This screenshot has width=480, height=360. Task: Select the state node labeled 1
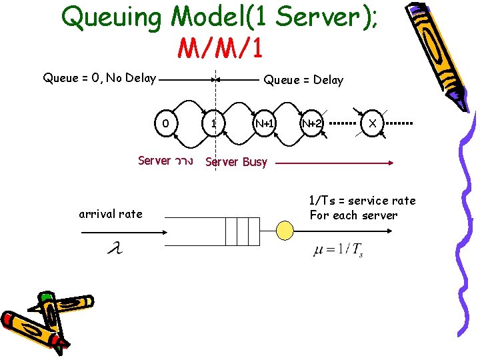pyautogui.click(x=213, y=123)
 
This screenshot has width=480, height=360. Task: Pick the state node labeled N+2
pyautogui.click(x=311, y=123)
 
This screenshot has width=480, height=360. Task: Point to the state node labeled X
pyautogui.click(x=372, y=123)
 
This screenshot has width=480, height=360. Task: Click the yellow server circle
pyautogui.click(x=285, y=231)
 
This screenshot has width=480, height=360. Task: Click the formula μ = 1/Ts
pyautogui.click(x=339, y=251)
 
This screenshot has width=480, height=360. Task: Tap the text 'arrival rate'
pyautogui.click(x=111, y=214)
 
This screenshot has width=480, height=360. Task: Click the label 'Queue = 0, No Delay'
pyautogui.click(x=99, y=78)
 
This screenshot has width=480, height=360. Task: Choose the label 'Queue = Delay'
pyautogui.click(x=303, y=80)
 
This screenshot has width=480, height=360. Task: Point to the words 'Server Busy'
pyautogui.click(x=236, y=161)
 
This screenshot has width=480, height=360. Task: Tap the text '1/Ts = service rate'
pyautogui.click(x=361, y=201)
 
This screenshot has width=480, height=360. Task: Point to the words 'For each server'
pyautogui.click(x=353, y=215)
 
